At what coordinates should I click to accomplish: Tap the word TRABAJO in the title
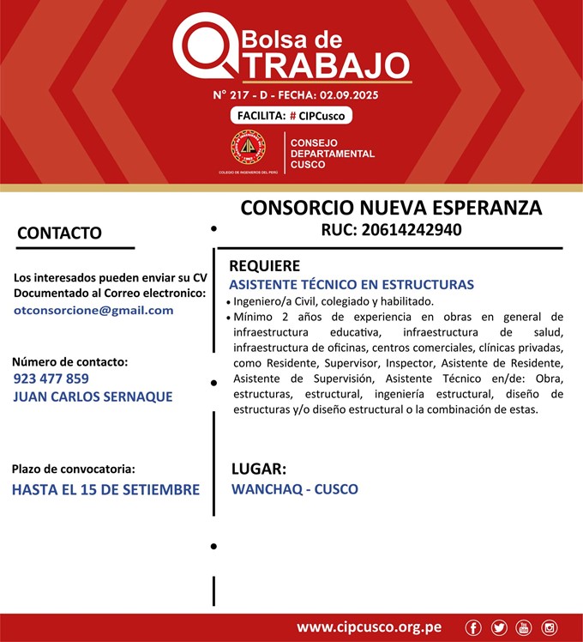pos(321,65)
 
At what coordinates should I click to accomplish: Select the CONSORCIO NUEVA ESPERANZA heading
pos(391,208)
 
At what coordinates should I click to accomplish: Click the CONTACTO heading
pos(59,233)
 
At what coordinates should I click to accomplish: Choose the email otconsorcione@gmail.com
pos(93,310)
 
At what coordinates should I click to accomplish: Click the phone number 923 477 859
pos(51,378)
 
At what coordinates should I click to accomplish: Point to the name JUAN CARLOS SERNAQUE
pos(93,397)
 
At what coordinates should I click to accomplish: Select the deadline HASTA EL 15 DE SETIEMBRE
pos(105,490)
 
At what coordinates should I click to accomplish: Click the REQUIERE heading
pos(264,265)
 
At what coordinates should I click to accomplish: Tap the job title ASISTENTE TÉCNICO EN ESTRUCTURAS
pos(352,284)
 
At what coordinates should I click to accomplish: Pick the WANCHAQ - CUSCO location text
pos(295,489)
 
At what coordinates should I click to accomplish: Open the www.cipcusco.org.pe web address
pos(370,627)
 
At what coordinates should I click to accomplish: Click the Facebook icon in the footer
pos(473,628)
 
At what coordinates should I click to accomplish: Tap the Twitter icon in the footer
pos(499,628)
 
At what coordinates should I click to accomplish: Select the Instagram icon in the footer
pos(550,628)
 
